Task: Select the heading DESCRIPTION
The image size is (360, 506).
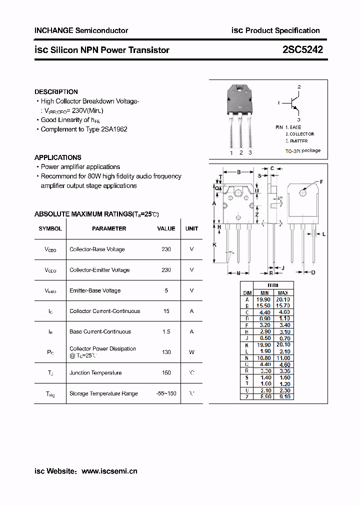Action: (56, 92)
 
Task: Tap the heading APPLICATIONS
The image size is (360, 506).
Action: (58, 157)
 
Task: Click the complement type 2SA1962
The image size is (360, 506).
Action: (114, 129)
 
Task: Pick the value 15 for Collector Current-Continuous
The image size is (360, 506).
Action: (166, 311)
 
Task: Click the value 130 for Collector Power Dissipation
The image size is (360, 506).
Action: (166, 352)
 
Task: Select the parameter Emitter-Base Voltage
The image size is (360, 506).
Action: (95, 290)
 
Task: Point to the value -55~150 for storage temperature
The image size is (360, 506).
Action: (166, 393)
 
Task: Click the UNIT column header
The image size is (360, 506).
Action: (191, 228)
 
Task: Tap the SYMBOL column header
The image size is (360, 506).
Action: (50, 228)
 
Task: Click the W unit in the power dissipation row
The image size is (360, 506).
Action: (191, 352)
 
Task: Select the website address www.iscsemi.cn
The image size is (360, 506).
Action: (109, 471)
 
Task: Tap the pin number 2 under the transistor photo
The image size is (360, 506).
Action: (241, 152)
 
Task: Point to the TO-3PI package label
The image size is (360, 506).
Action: (302, 150)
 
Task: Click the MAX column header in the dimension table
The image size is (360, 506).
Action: (282, 293)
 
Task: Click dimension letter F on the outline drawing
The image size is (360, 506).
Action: (321, 182)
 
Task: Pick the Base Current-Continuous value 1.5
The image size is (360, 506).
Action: (166, 331)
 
